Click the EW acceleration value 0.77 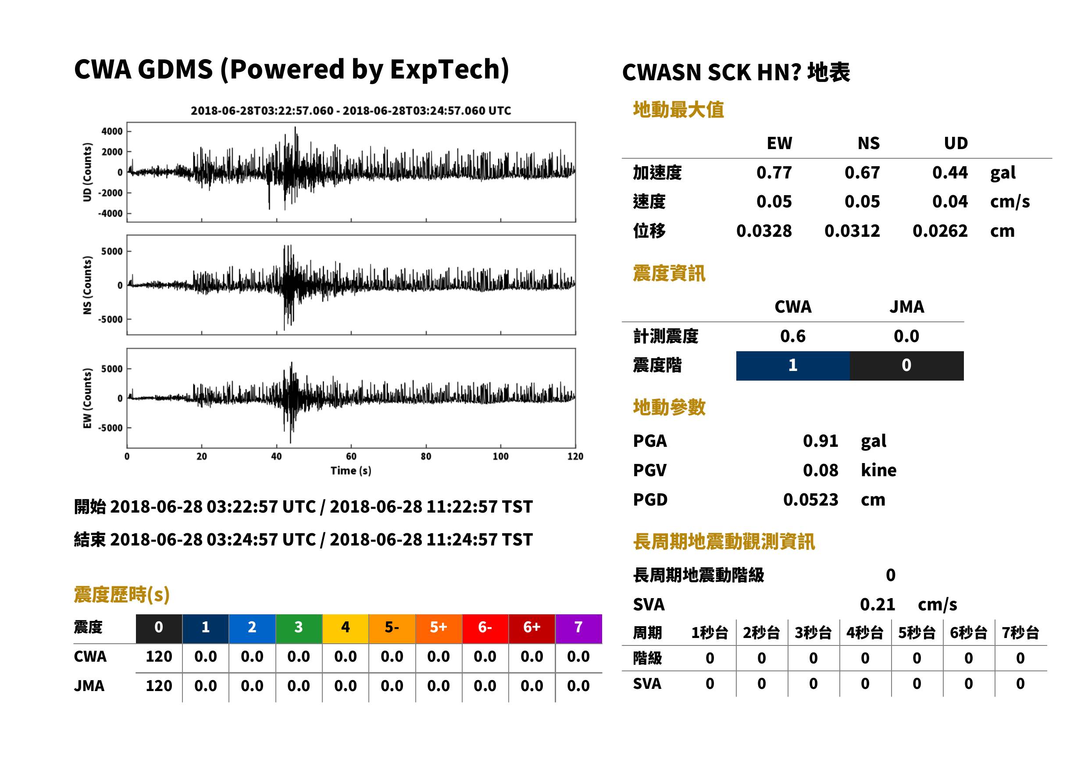click(774, 173)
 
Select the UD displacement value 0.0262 click(940, 231)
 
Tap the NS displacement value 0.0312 click(852, 231)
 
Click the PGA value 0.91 click(820, 441)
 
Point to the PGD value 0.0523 click(810, 500)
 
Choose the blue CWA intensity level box click(793, 366)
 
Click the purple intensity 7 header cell click(578, 629)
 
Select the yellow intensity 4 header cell click(346, 629)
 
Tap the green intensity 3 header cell click(299, 629)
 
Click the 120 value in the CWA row click(159, 657)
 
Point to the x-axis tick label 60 click(351, 456)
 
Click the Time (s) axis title click(351, 471)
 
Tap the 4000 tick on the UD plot click(112, 131)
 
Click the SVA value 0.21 click(877, 605)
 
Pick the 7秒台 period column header click(1020, 633)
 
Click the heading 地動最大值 click(678, 110)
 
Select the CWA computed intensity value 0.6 click(793, 336)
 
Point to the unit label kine click(878, 470)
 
